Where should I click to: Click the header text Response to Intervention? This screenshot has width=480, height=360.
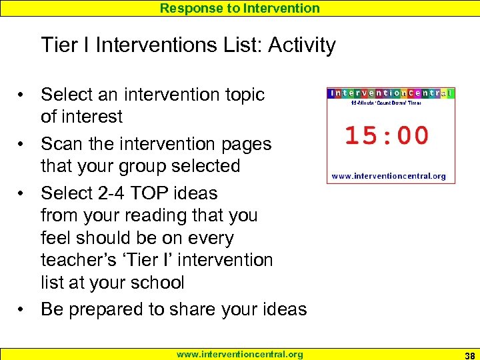pyautogui.click(x=239, y=8)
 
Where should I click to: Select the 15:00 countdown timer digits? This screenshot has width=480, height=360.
pyautogui.click(x=387, y=135)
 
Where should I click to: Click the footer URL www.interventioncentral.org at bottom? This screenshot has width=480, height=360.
pyautogui.click(x=239, y=354)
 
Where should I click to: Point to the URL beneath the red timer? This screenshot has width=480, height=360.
pyautogui.click(x=389, y=177)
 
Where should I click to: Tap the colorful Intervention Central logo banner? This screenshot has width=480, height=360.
pyautogui.click(x=391, y=93)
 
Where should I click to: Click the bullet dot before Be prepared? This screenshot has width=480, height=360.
pyautogui.click(x=22, y=310)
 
